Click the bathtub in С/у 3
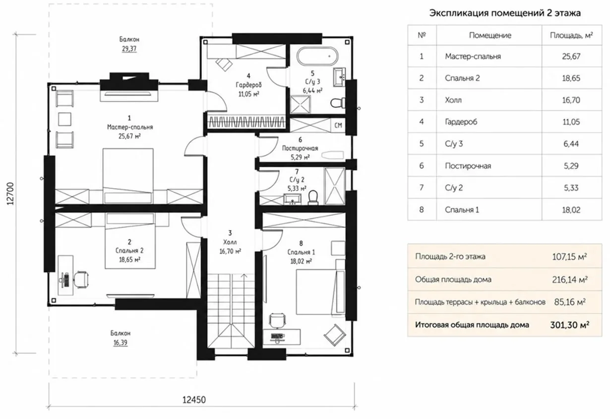[317, 56]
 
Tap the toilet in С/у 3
[337, 103]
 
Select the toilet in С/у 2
[313, 198]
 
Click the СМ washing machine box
[338, 126]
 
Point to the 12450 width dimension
[194, 400]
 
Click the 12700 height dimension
[10, 194]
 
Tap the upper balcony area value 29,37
[129, 49]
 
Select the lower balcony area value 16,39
[121, 343]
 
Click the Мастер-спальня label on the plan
[130, 127]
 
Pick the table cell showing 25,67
[571, 57]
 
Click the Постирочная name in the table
[468, 166]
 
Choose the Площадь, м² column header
[571, 35]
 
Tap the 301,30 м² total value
[570, 325]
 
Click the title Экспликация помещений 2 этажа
[505, 13]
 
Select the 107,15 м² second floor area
[569, 257]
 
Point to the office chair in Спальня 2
[81, 279]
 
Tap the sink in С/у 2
[292, 199]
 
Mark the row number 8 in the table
[422, 209]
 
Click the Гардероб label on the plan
[248, 85]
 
